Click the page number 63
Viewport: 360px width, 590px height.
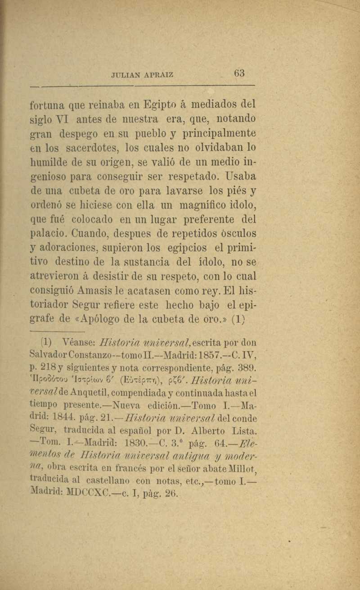tap(238, 73)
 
